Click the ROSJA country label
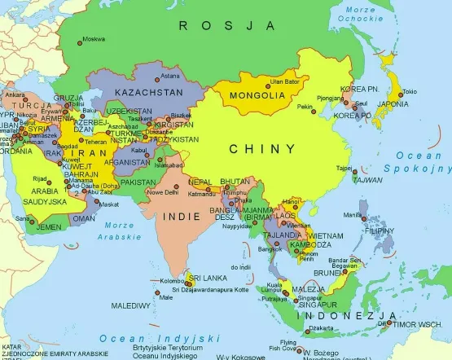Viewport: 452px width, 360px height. pyautogui.click(x=226, y=26)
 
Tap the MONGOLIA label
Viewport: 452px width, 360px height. pyautogui.click(x=257, y=96)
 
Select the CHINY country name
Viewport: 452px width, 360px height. pyautogui.click(x=261, y=149)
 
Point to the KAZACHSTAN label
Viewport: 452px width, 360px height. pyautogui.click(x=149, y=93)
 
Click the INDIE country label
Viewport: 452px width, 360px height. pyautogui.click(x=180, y=217)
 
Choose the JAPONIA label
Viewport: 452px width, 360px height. pyautogui.click(x=392, y=103)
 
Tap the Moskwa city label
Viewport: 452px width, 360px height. pyautogui.click(x=94, y=38)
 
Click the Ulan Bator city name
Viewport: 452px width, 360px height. pyautogui.click(x=286, y=81)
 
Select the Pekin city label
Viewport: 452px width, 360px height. pyautogui.click(x=305, y=107)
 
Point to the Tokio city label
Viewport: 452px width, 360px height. pyautogui.click(x=410, y=92)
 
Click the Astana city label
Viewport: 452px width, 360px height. pyautogui.click(x=170, y=76)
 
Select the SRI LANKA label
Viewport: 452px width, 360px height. pyautogui.click(x=215, y=278)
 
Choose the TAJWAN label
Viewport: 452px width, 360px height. pyautogui.click(x=367, y=179)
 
